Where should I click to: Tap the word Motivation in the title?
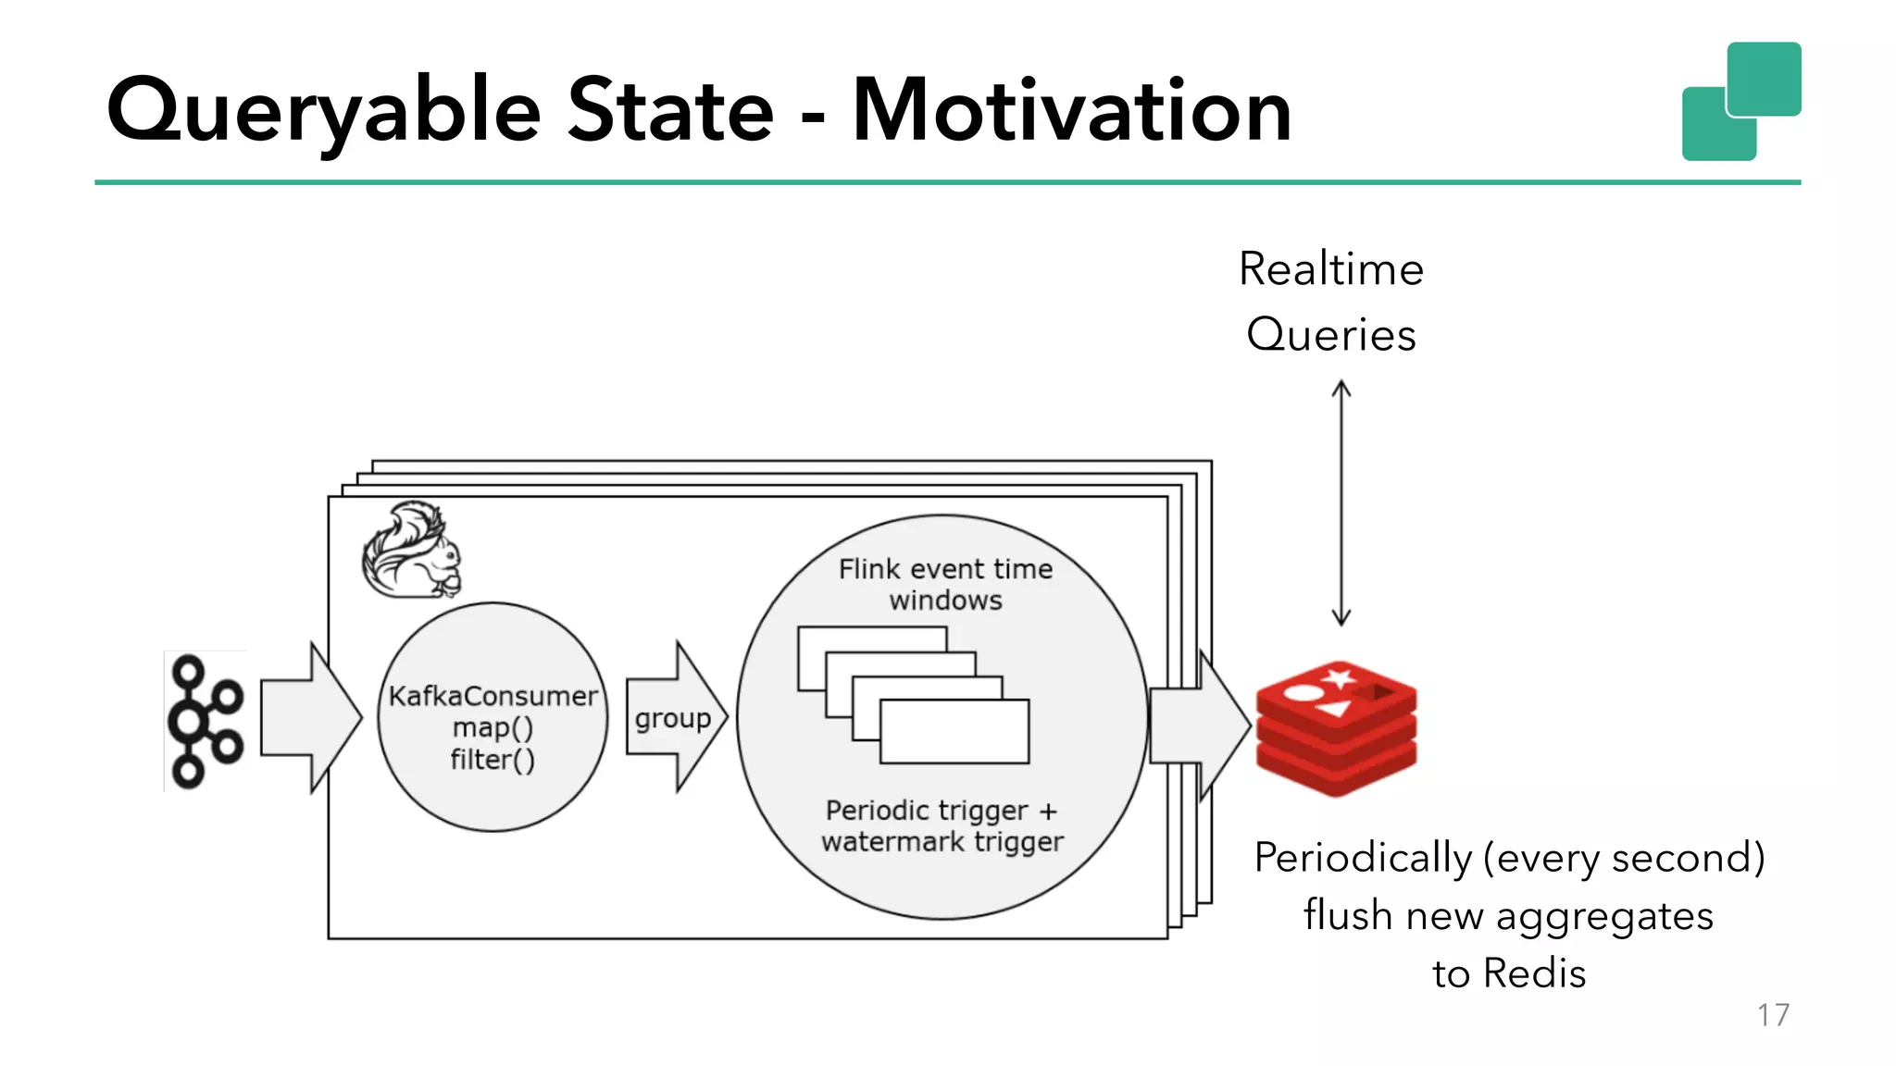pos(1071,111)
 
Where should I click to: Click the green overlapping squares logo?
pos(1741,101)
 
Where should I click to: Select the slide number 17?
pos(1773,1015)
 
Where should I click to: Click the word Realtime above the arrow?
pos(1331,269)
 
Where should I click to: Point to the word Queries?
pos(1331,334)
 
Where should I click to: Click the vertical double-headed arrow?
pos(1341,503)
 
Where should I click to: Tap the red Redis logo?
pos(1336,728)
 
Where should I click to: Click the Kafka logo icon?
pos(205,721)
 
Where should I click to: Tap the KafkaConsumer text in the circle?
pos(493,696)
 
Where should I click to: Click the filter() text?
pos(493,760)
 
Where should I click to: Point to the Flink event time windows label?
pos(945,584)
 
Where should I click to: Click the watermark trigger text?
pos(942,842)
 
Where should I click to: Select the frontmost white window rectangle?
pos(954,732)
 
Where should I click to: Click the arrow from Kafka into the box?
pos(309,717)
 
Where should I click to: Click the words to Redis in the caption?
pos(1509,973)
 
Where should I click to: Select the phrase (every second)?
pos(1624,858)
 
